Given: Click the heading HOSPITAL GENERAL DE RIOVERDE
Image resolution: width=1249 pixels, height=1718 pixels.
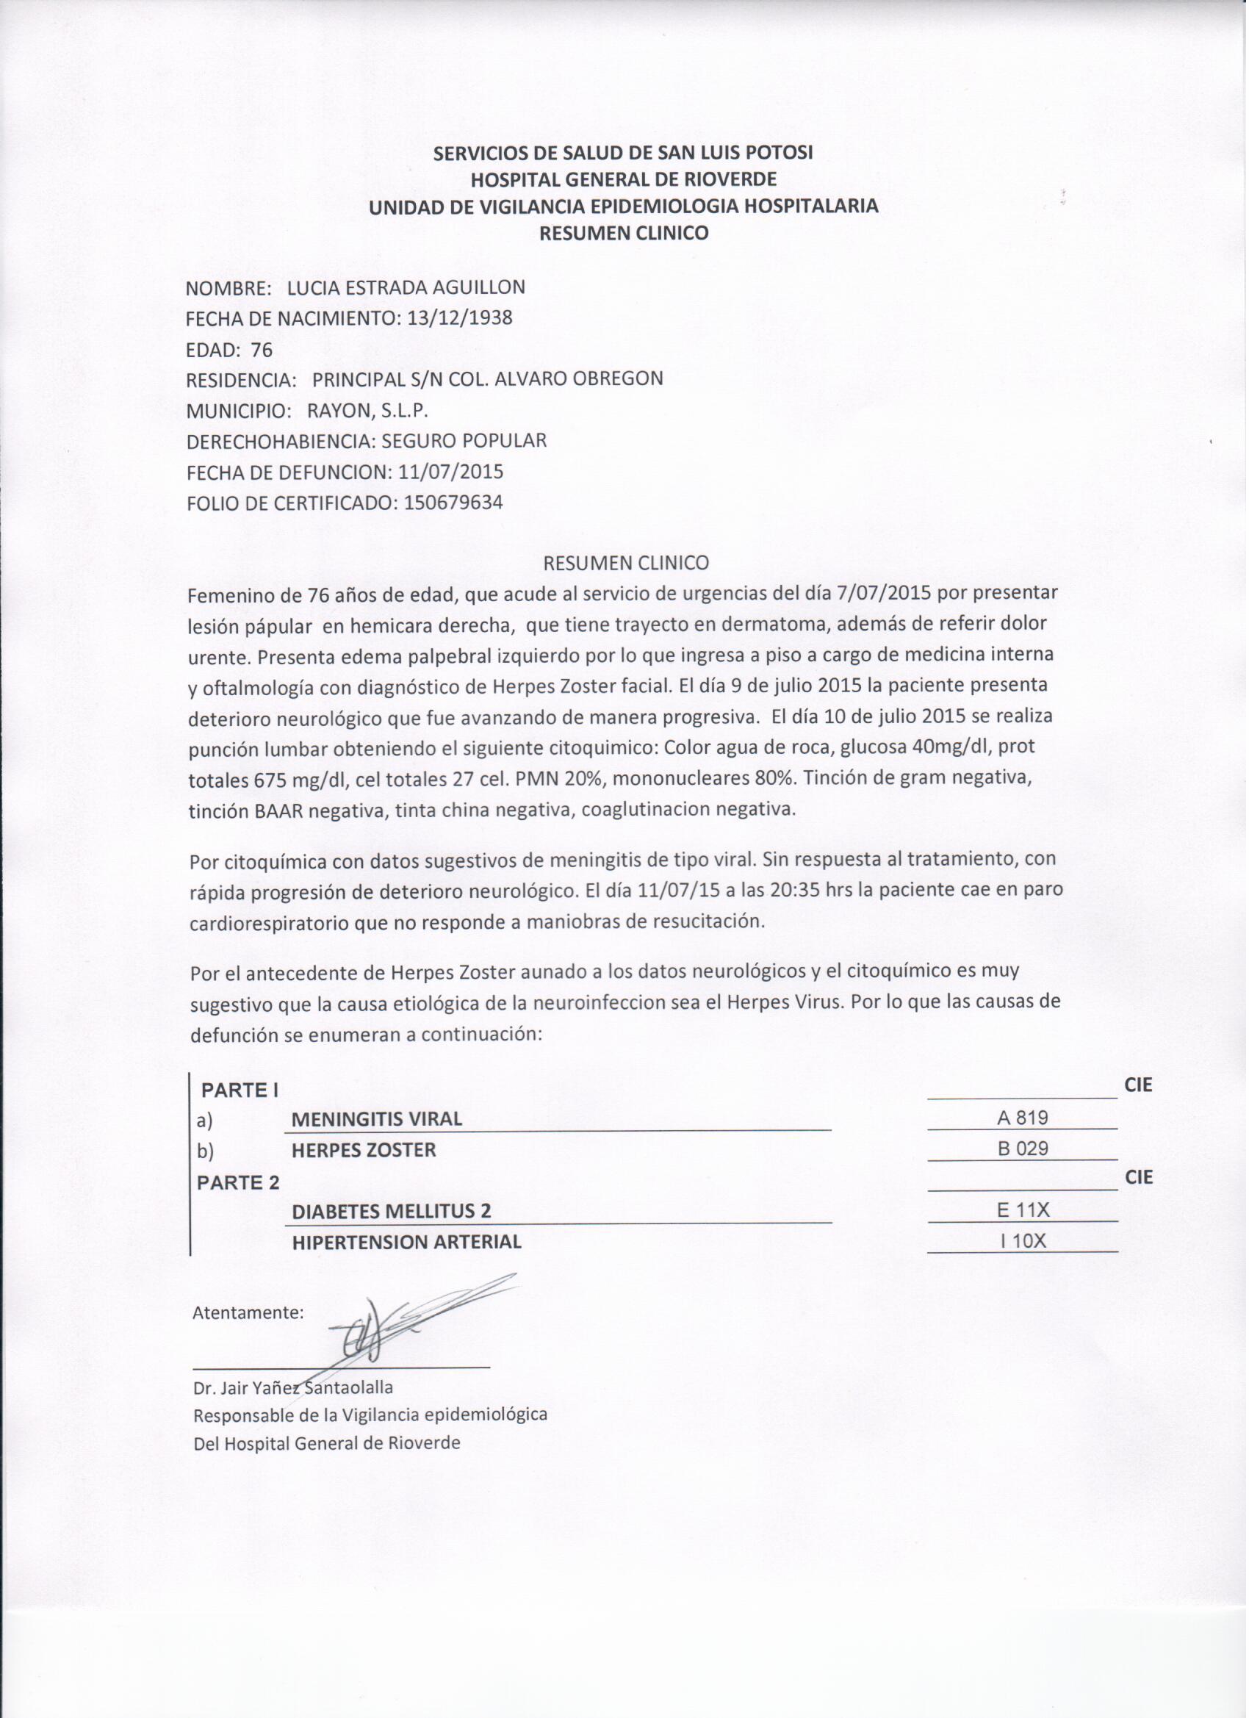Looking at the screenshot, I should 623,179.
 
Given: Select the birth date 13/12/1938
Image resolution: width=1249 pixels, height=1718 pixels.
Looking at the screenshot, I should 459,318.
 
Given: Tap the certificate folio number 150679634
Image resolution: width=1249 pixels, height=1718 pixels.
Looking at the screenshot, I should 454,502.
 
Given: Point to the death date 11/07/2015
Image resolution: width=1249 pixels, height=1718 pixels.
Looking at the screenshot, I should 450,472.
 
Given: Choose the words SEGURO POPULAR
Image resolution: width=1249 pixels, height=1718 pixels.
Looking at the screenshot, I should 464,441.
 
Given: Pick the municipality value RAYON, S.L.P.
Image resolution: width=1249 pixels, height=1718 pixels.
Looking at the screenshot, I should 368,411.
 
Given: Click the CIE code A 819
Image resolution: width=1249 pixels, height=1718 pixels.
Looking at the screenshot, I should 1023,1118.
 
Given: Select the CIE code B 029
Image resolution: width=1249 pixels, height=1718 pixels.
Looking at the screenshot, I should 1023,1149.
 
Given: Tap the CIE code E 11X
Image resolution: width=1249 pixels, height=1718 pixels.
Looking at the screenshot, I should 1023,1210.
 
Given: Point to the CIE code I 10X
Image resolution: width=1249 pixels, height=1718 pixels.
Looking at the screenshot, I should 1023,1242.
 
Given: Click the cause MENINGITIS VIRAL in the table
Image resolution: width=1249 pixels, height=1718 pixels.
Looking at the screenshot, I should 376,1119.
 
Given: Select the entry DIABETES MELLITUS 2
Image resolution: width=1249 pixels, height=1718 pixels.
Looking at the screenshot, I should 391,1211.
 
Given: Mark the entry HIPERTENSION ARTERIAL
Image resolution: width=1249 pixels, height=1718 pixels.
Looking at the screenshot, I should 406,1243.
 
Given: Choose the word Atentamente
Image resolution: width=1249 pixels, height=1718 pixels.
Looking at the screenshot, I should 248,1312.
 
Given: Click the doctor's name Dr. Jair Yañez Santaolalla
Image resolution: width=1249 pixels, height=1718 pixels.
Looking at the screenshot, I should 293,1388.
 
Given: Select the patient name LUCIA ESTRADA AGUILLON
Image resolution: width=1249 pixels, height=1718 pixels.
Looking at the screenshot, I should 406,287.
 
